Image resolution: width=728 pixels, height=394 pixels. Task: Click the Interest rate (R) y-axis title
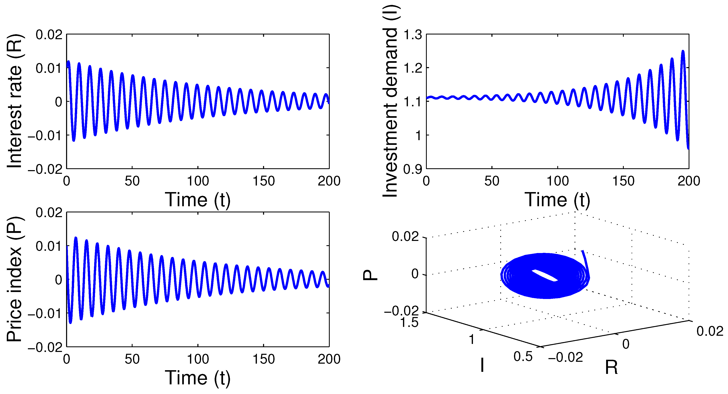15,101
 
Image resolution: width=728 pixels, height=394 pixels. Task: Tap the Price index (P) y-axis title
15,279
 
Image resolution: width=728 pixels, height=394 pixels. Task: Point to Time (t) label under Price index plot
198,378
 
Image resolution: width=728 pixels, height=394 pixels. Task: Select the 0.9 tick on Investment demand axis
413,169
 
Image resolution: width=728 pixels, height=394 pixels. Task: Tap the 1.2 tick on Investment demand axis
413,68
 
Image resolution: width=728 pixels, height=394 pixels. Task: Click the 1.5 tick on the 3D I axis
410,322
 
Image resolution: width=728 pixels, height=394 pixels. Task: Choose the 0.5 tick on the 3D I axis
523,357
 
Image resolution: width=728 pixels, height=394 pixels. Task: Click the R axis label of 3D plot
611,368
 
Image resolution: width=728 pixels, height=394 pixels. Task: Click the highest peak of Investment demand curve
683,51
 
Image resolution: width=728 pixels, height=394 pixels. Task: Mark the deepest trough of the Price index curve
70,322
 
